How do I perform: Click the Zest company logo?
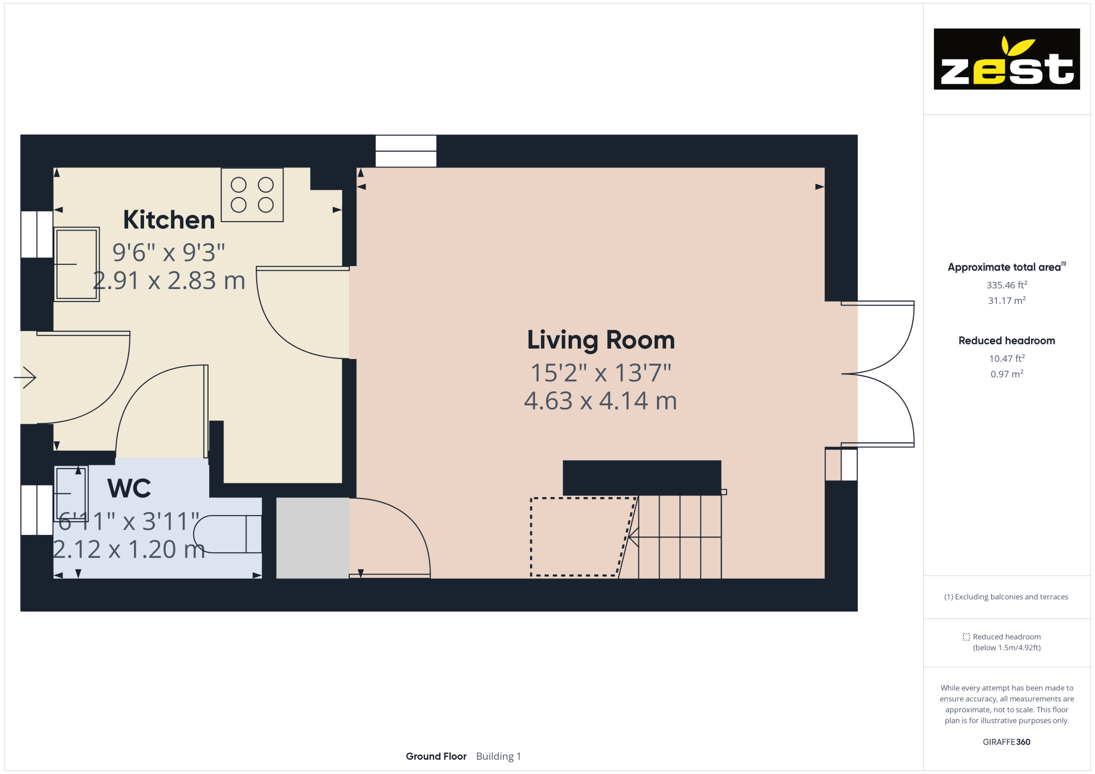click(1006, 59)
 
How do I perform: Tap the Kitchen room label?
click(169, 220)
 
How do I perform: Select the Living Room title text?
click(601, 340)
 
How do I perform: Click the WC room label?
click(129, 488)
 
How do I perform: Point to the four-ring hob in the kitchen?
click(252, 195)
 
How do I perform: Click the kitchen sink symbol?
click(77, 264)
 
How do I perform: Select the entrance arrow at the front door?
click(25, 377)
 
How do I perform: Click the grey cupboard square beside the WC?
click(313, 538)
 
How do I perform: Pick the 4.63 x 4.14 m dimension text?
click(601, 401)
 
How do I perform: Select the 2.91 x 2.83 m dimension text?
click(169, 281)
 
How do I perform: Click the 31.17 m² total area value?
click(1006, 301)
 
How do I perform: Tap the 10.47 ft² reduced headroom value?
click(1006, 359)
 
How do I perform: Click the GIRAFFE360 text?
click(1006, 742)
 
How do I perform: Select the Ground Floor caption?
click(436, 756)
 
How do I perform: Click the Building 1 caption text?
click(498, 756)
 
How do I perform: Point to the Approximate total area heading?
click(1005, 267)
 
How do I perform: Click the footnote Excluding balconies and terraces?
click(1006, 597)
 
